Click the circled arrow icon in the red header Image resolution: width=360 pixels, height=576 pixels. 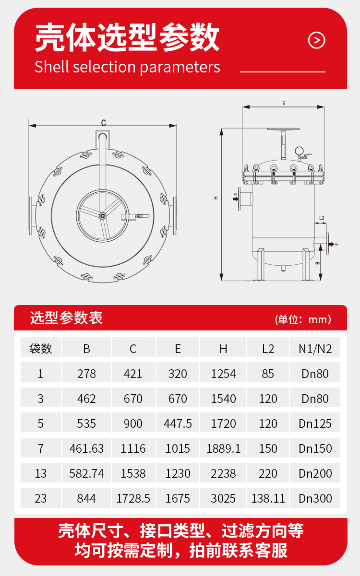(x=316, y=40)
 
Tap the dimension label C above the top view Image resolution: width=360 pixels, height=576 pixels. (x=104, y=123)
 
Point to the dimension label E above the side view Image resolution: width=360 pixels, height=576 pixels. (x=284, y=104)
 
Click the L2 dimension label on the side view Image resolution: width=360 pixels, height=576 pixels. (x=322, y=218)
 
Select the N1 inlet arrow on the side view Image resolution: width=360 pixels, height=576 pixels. (x=236, y=199)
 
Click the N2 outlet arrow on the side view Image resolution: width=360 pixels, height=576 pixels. (x=331, y=244)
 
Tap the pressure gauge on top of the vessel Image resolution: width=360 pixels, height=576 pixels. (x=299, y=151)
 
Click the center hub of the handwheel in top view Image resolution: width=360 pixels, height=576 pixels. (x=103, y=216)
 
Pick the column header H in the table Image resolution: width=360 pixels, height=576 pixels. (x=223, y=349)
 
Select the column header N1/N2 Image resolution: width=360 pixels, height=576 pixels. (x=315, y=349)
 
